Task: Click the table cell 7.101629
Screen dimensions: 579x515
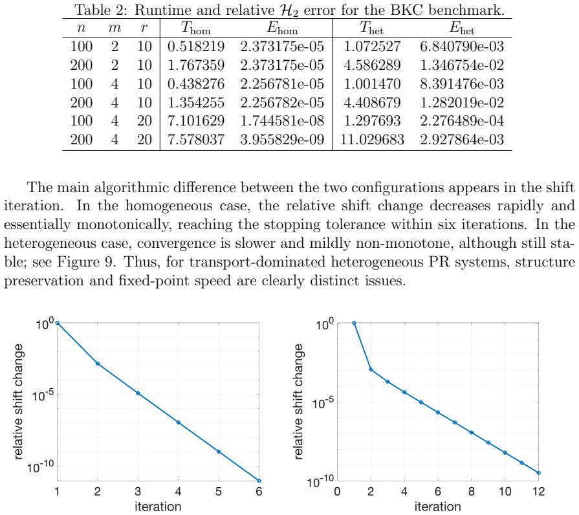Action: pos(196,121)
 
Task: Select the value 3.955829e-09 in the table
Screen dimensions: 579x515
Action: pos(282,140)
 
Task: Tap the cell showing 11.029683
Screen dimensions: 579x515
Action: pos(372,140)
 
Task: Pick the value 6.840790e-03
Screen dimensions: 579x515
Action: pos(462,47)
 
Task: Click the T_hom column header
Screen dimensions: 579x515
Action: pos(196,28)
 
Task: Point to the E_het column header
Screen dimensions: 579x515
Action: pos(462,28)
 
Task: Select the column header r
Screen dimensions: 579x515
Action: pos(144,28)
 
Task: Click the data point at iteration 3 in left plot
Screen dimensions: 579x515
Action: pos(138,393)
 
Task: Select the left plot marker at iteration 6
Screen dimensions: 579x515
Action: pos(259,481)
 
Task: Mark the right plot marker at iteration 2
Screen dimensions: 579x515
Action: pos(371,369)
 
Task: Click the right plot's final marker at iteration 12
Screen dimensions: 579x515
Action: pos(539,473)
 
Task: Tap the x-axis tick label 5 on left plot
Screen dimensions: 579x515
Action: pos(219,492)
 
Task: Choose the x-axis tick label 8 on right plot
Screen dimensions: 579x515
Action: pos(472,492)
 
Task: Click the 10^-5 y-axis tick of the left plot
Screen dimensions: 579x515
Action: pos(42,395)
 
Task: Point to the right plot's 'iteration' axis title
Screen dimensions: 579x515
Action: pos(437,507)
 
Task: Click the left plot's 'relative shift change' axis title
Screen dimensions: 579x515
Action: pos(18,402)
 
